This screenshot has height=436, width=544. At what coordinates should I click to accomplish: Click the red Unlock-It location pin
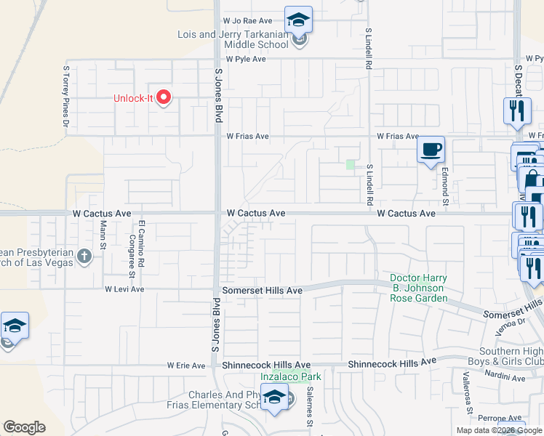164,97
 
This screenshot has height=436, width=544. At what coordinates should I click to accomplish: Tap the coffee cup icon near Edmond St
431,149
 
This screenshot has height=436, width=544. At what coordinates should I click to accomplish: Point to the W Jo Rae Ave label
247,21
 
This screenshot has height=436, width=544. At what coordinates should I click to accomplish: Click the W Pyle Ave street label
246,60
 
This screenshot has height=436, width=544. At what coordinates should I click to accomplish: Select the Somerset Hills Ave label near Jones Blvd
263,291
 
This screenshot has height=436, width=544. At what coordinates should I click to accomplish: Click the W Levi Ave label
124,288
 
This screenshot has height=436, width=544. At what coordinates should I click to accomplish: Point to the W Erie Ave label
186,365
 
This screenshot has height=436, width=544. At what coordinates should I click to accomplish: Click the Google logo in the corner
24,427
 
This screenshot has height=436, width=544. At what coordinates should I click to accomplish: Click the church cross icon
84,256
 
